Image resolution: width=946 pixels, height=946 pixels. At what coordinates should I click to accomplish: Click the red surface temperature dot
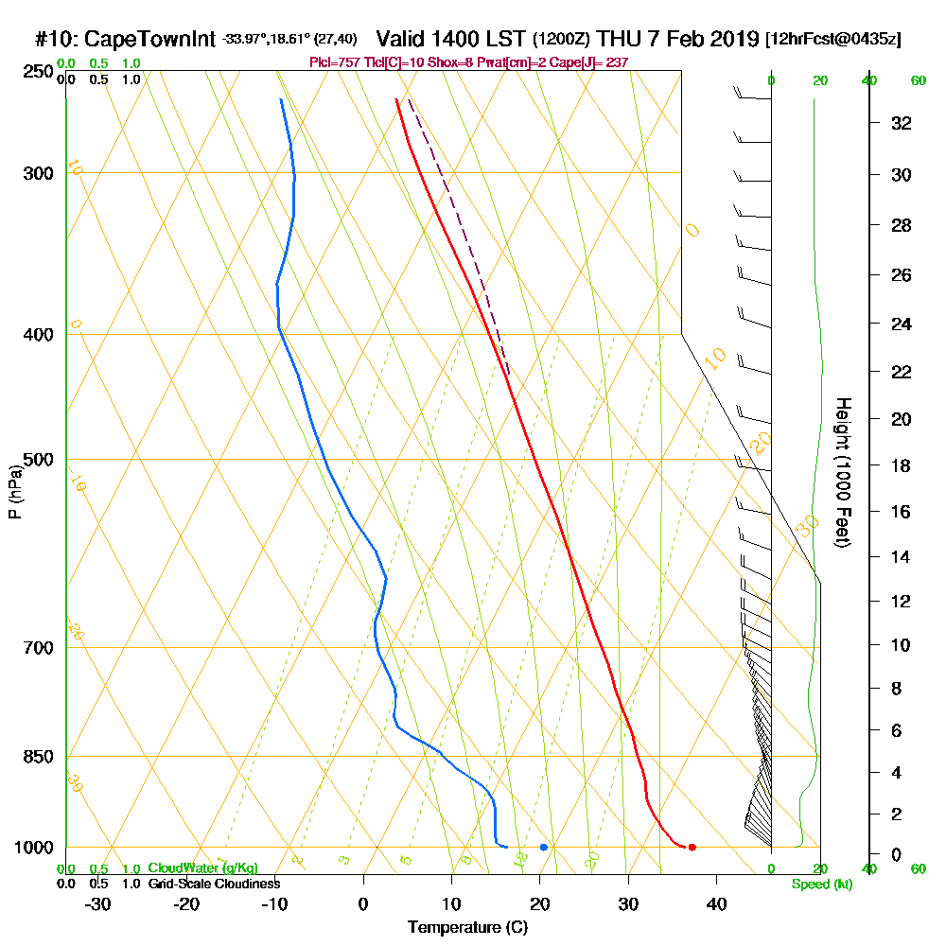point(692,847)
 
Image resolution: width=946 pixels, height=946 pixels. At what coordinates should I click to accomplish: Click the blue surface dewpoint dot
point(543,847)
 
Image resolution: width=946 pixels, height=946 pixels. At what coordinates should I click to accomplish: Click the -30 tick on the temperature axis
point(98,902)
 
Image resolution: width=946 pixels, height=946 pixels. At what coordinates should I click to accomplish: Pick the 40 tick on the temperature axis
point(716,902)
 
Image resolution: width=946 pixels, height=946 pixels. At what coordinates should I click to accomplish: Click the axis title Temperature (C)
point(467,928)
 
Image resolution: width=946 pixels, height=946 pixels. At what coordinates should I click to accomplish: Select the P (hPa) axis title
point(14,491)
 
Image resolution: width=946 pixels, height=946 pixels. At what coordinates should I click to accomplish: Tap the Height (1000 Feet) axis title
point(842,472)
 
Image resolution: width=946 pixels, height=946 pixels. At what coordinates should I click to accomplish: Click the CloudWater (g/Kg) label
point(202,868)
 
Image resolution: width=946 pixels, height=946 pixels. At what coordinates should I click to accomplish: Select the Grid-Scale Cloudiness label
point(213,884)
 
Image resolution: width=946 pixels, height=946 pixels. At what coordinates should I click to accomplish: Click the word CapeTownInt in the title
point(151,40)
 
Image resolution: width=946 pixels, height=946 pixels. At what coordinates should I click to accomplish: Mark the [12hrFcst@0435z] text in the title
point(833,40)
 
